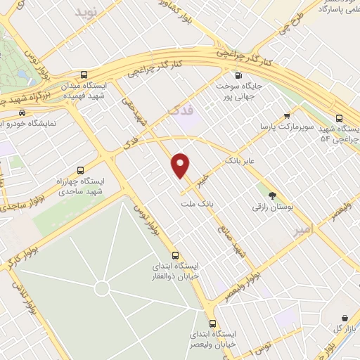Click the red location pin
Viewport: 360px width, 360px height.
click(x=181, y=165)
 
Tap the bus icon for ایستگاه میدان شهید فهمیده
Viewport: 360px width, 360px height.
click(x=84, y=75)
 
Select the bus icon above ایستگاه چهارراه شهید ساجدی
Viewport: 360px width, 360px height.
click(x=79, y=169)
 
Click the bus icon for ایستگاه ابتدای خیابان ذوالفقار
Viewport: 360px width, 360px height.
click(x=175, y=256)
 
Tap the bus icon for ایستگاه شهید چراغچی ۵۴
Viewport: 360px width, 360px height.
click(x=340, y=118)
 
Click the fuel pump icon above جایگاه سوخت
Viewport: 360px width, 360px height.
click(x=238, y=75)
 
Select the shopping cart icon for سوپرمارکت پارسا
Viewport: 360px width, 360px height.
click(x=286, y=116)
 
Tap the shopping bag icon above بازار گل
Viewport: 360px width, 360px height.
click(x=344, y=319)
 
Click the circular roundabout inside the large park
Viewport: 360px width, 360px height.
click(x=102, y=288)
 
